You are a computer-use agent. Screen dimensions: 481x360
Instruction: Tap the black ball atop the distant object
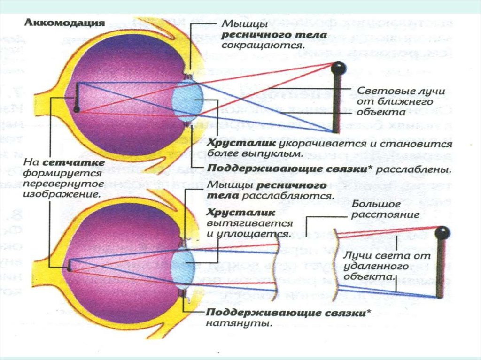pyautogui.click(x=442, y=232)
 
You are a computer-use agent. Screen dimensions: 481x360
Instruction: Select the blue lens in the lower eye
pyautogui.click(x=184, y=265)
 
